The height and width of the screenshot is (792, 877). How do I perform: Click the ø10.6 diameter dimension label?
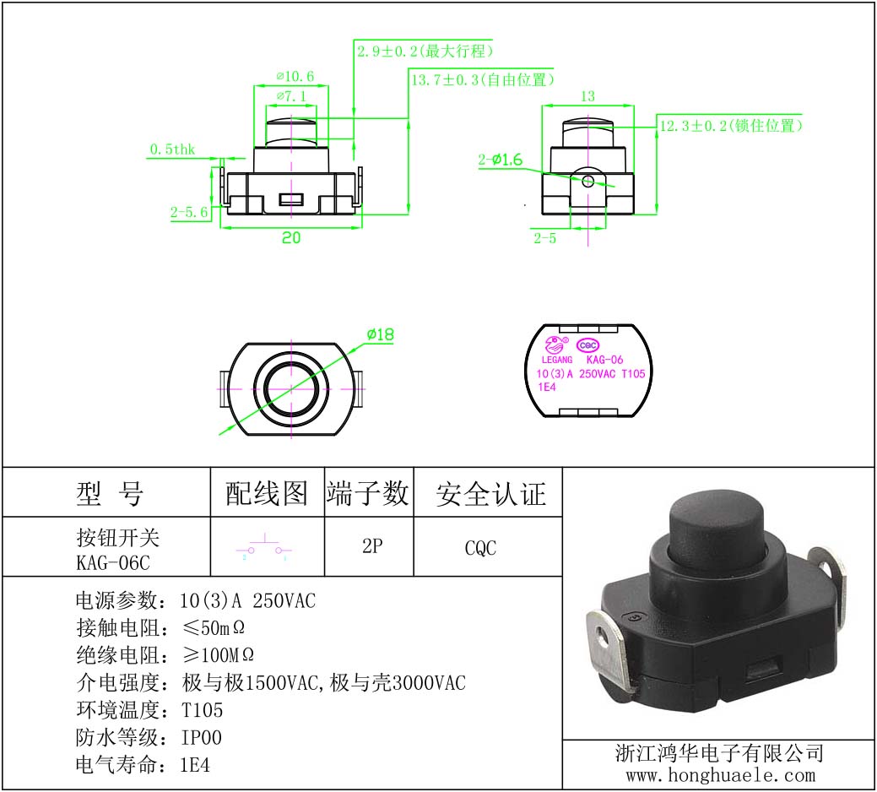point(295,76)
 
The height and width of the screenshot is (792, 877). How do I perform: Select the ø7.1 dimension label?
point(291,96)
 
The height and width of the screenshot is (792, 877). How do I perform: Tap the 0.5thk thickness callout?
point(172,149)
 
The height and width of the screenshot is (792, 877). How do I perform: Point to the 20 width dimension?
point(291,238)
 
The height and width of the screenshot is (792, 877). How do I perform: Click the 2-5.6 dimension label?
point(189,212)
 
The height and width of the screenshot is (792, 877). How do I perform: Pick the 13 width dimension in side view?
point(587,96)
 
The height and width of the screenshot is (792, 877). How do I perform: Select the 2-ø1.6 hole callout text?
point(500,160)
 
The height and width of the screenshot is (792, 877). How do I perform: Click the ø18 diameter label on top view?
point(381,334)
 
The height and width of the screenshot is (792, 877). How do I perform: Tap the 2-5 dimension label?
point(544,238)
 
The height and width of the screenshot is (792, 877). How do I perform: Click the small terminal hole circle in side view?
point(587,181)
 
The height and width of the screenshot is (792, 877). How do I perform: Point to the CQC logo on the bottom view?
point(587,345)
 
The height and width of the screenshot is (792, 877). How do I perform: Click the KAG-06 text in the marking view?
point(604,360)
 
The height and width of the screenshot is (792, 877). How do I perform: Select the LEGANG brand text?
point(557,360)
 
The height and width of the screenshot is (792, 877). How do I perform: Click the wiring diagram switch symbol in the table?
point(264,547)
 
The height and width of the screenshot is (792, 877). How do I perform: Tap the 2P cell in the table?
point(372,546)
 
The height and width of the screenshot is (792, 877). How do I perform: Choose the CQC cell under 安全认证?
point(480,548)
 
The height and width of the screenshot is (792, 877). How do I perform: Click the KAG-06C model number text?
point(113,562)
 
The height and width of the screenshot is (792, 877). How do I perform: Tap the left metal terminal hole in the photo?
point(603,636)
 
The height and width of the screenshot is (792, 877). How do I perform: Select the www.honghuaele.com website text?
point(720,775)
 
